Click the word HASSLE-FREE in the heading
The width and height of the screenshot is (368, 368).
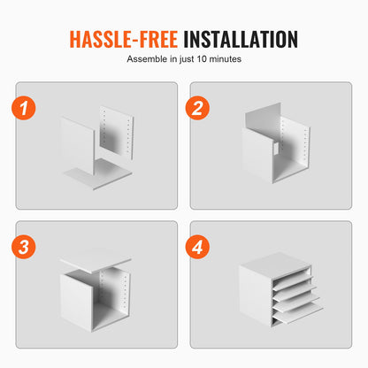124,39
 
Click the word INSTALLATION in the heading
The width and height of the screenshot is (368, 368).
241,39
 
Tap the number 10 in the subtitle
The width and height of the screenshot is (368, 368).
202,59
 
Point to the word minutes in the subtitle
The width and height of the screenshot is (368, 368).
225,59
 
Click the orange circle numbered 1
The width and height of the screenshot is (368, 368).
24,108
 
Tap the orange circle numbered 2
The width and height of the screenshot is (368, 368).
197,108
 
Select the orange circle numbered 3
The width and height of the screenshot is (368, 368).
24,247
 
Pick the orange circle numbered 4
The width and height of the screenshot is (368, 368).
197,247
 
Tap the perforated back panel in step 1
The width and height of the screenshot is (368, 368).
117,132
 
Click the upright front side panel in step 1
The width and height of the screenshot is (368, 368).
77,146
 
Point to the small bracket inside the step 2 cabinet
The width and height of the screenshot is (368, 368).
276,149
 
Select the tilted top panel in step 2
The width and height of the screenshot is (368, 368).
263,121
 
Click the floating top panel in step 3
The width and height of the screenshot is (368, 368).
96,261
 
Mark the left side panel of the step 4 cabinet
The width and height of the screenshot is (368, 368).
256,295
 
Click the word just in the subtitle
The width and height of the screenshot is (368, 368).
187,59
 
